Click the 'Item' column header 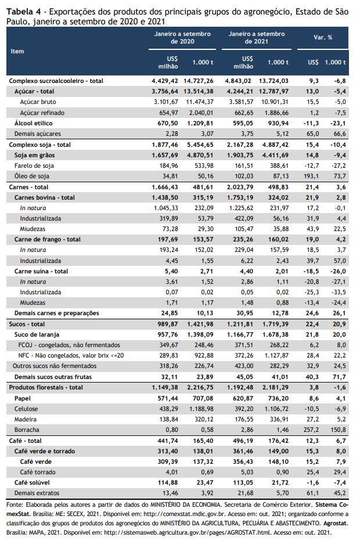click(x=17, y=52)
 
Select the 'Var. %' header click(x=323, y=37)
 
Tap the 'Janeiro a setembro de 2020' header click(x=182, y=38)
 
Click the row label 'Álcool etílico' click(x=34, y=123)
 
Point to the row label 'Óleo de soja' click(x=32, y=176)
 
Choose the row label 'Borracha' click(x=27, y=430)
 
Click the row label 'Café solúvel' click(x=32, y=482)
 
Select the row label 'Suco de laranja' click(x=37, y=334)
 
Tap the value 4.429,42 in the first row click(x=165, y=81)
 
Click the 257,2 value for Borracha click(x=311, y=430)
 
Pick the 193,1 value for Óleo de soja click(x=311, y=176)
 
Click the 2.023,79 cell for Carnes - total click(x=239, y=187)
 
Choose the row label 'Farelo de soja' click(x=34, y=165)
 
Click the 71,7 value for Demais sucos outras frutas click(x=339, y=377)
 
